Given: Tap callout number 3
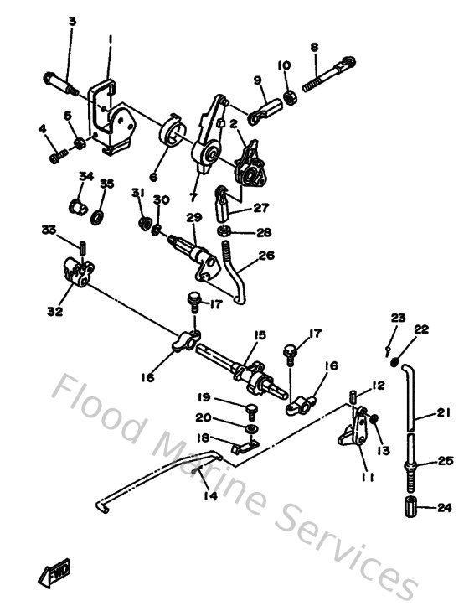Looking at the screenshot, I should pos(71,20).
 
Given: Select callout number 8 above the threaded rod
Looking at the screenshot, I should pos(314,48).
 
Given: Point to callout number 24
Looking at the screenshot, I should pos(443,507).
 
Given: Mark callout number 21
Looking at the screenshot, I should pos(443,411).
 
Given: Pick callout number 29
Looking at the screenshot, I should pos(194,217).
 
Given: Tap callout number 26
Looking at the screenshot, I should pos(265,256).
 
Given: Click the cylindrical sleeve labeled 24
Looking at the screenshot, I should pos(410,508).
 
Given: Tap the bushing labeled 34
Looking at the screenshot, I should pos(77,204).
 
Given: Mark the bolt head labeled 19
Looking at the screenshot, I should pos(250,408).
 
